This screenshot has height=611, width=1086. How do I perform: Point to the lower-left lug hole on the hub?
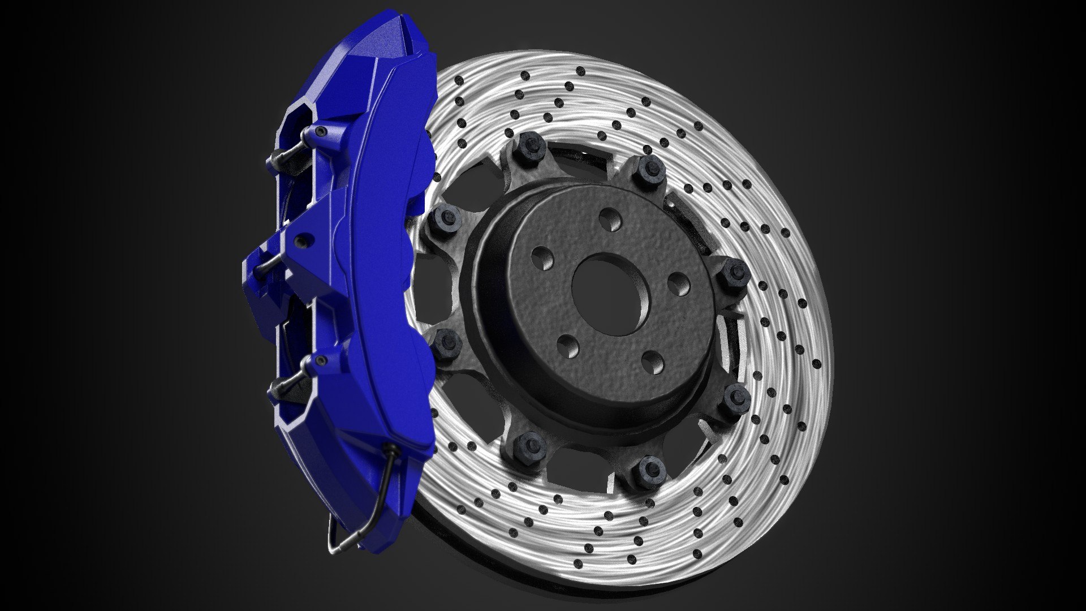click(x=568, y=346)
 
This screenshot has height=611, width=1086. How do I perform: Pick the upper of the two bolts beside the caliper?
click(x=447, y=217)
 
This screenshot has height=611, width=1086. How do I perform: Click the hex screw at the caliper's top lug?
click(x=321, y=132)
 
